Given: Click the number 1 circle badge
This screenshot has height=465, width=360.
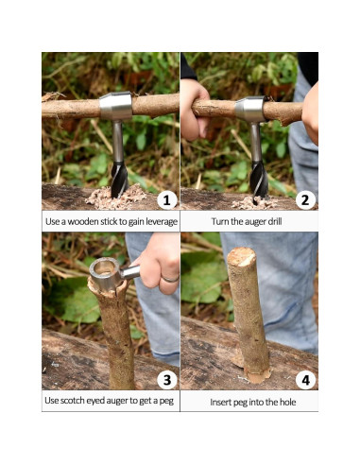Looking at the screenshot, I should coord(165,199).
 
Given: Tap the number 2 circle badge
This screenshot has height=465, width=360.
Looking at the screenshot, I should coord(304,199).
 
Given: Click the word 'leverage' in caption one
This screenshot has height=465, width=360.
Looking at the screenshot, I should coord(154,221).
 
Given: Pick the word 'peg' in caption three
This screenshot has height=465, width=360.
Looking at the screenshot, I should coord(166,401).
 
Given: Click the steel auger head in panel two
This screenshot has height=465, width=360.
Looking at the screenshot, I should coord(251,110).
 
